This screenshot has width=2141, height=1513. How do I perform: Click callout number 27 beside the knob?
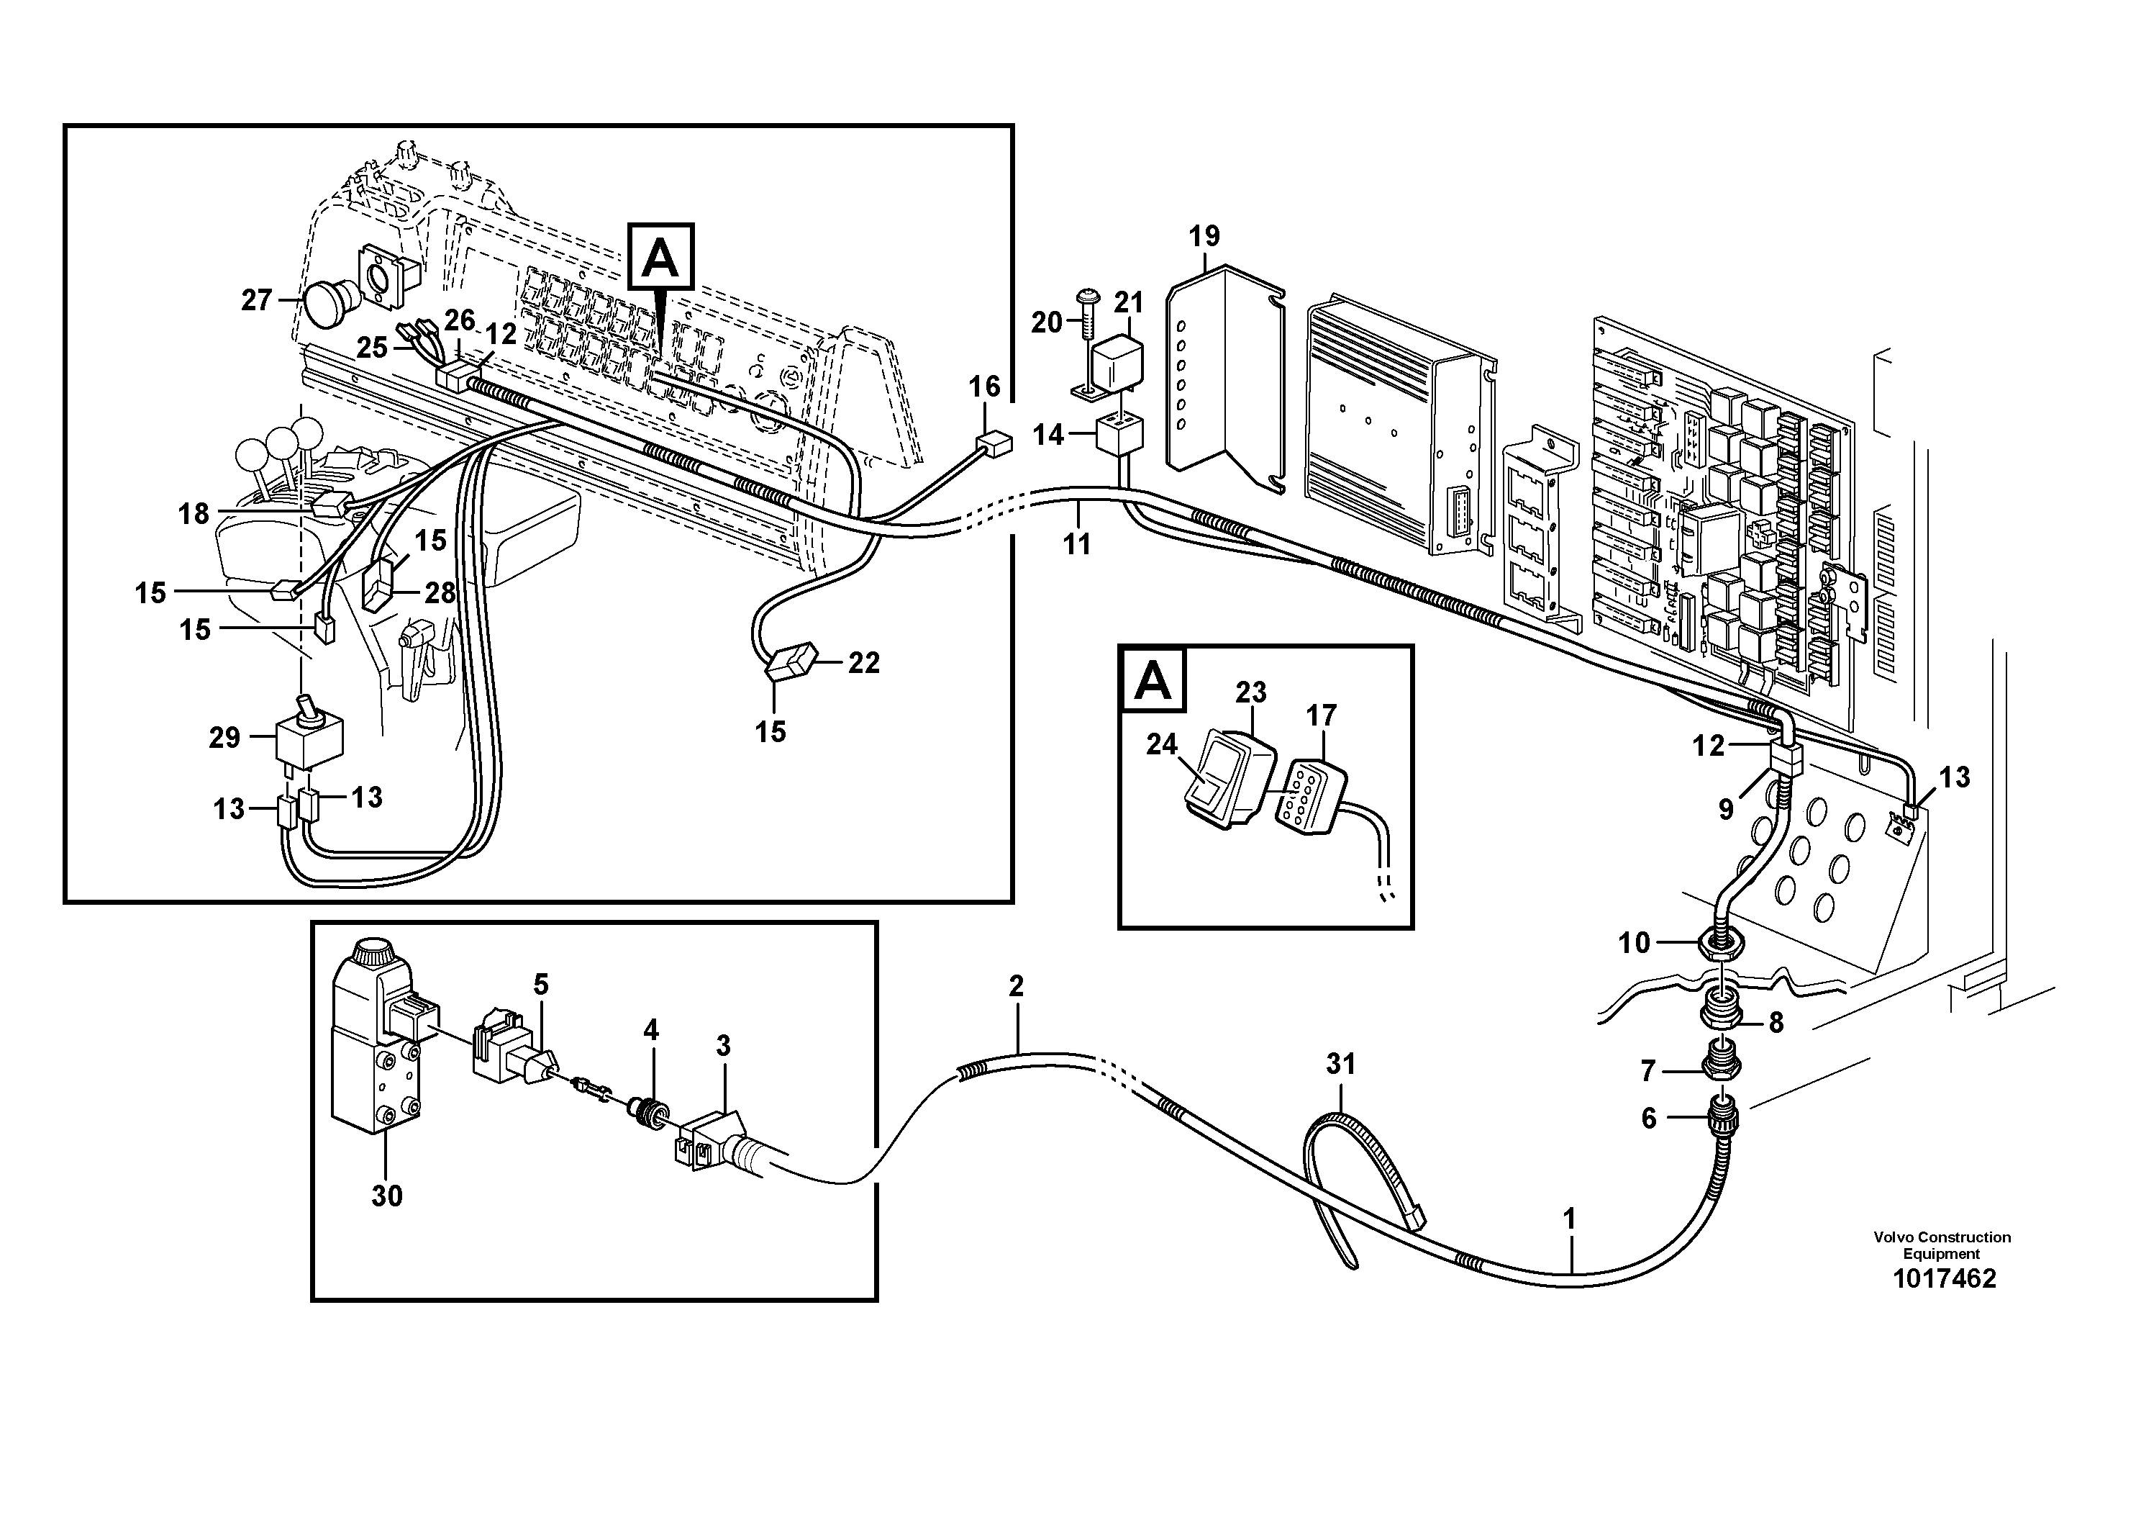pyautogui.click(x=256, y=299)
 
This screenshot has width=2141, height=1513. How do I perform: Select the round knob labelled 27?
pyautogui.click(x=327, y=305)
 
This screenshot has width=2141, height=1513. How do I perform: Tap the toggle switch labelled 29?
pyautogui.click(x=308, y=737)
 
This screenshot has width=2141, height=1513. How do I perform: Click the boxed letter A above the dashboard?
pyautogui.click(x=661, y=256)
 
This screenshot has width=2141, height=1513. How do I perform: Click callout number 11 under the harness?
pyautogui.click(x=1076, y=544)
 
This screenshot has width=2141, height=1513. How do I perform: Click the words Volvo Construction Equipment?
pyautogui.click(x=1942, y=1245)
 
